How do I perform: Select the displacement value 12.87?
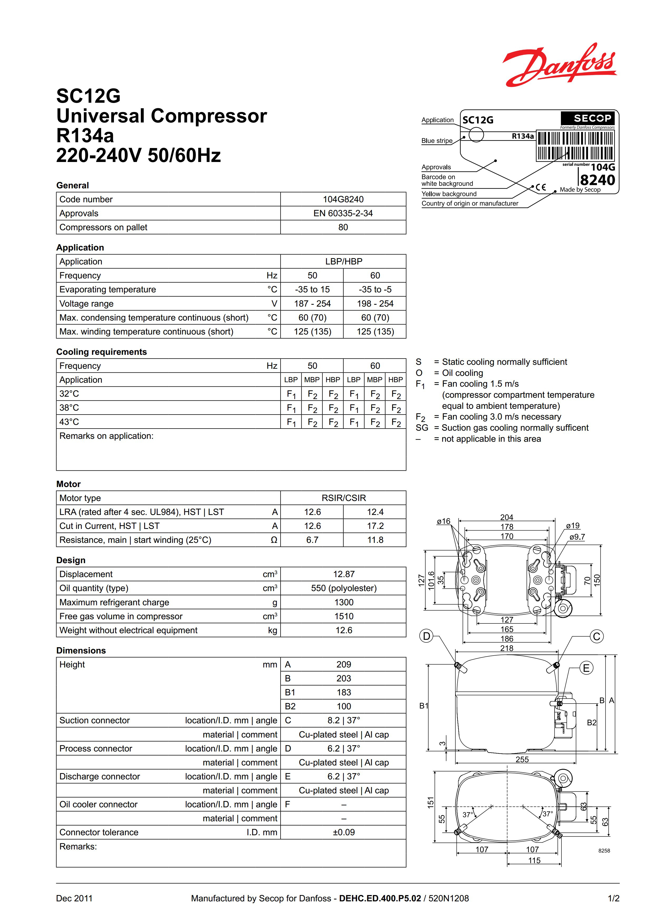click(343, 574)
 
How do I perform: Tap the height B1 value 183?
click(343, 692)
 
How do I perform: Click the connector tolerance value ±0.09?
click(343, 832)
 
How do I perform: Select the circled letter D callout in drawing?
click(426, 636)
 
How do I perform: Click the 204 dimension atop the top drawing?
click(507, 517)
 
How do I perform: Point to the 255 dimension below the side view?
click(522, 759)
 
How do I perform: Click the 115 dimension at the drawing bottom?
click(534, 861)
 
